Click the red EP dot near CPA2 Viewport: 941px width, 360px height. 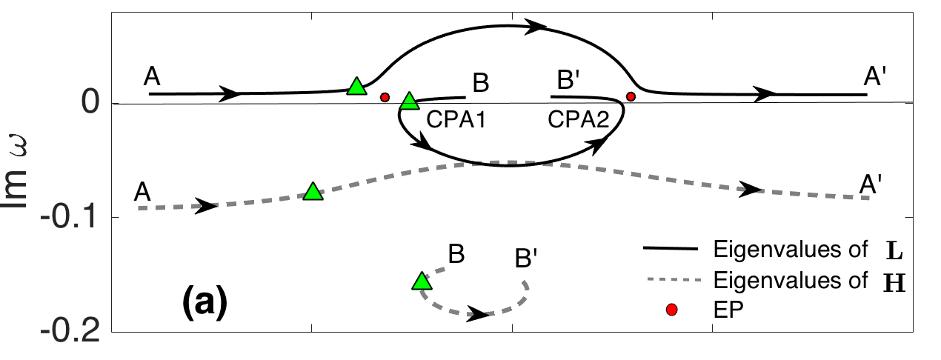coord(631,96)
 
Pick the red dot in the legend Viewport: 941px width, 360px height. coord(672,311)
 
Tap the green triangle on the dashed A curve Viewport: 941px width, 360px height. coord(313,191)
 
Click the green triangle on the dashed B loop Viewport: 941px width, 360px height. coord(422,281)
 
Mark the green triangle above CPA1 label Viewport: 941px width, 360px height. coord(409,101)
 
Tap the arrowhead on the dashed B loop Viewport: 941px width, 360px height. coord(480,315)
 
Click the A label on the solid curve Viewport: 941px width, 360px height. coord(153,77)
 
